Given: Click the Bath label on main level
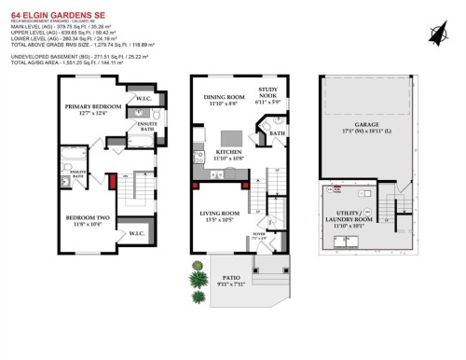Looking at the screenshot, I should click(x=277, y=133).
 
